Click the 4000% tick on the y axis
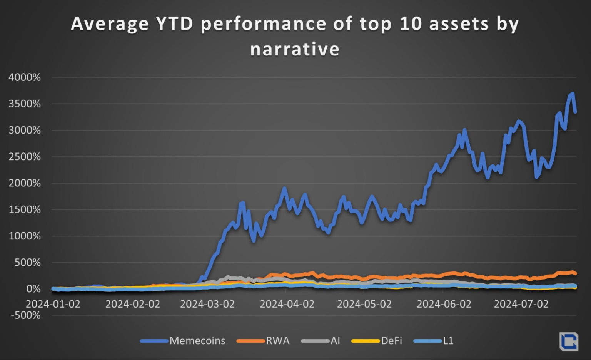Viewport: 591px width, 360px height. [x=25, y=77]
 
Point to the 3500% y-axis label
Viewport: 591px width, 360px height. [x=25, y=104]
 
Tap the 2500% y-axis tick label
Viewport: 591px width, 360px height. [x=25, y=157]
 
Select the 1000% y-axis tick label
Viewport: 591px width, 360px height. [x=25, y=236]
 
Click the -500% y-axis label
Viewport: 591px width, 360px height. [x=26, y=315]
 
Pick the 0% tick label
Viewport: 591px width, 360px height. [x=33, y=289]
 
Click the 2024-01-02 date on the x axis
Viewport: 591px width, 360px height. [x=53, y=304]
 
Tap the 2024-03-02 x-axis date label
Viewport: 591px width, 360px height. [x=207, y=304]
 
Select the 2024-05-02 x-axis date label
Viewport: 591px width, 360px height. [x=364, y=304]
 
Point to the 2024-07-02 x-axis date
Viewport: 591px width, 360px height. [x=521, y=304]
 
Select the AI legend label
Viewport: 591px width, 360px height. [x=335, y=341]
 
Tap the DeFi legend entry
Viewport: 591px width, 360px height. [x=391, y=341]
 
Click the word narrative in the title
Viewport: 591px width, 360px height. [x=295, y=49]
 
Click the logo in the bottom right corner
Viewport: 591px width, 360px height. [x=569, y=341]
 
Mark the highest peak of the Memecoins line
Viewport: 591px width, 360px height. [x=573, y=94]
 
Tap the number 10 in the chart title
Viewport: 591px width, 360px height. [x=411, y=24]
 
